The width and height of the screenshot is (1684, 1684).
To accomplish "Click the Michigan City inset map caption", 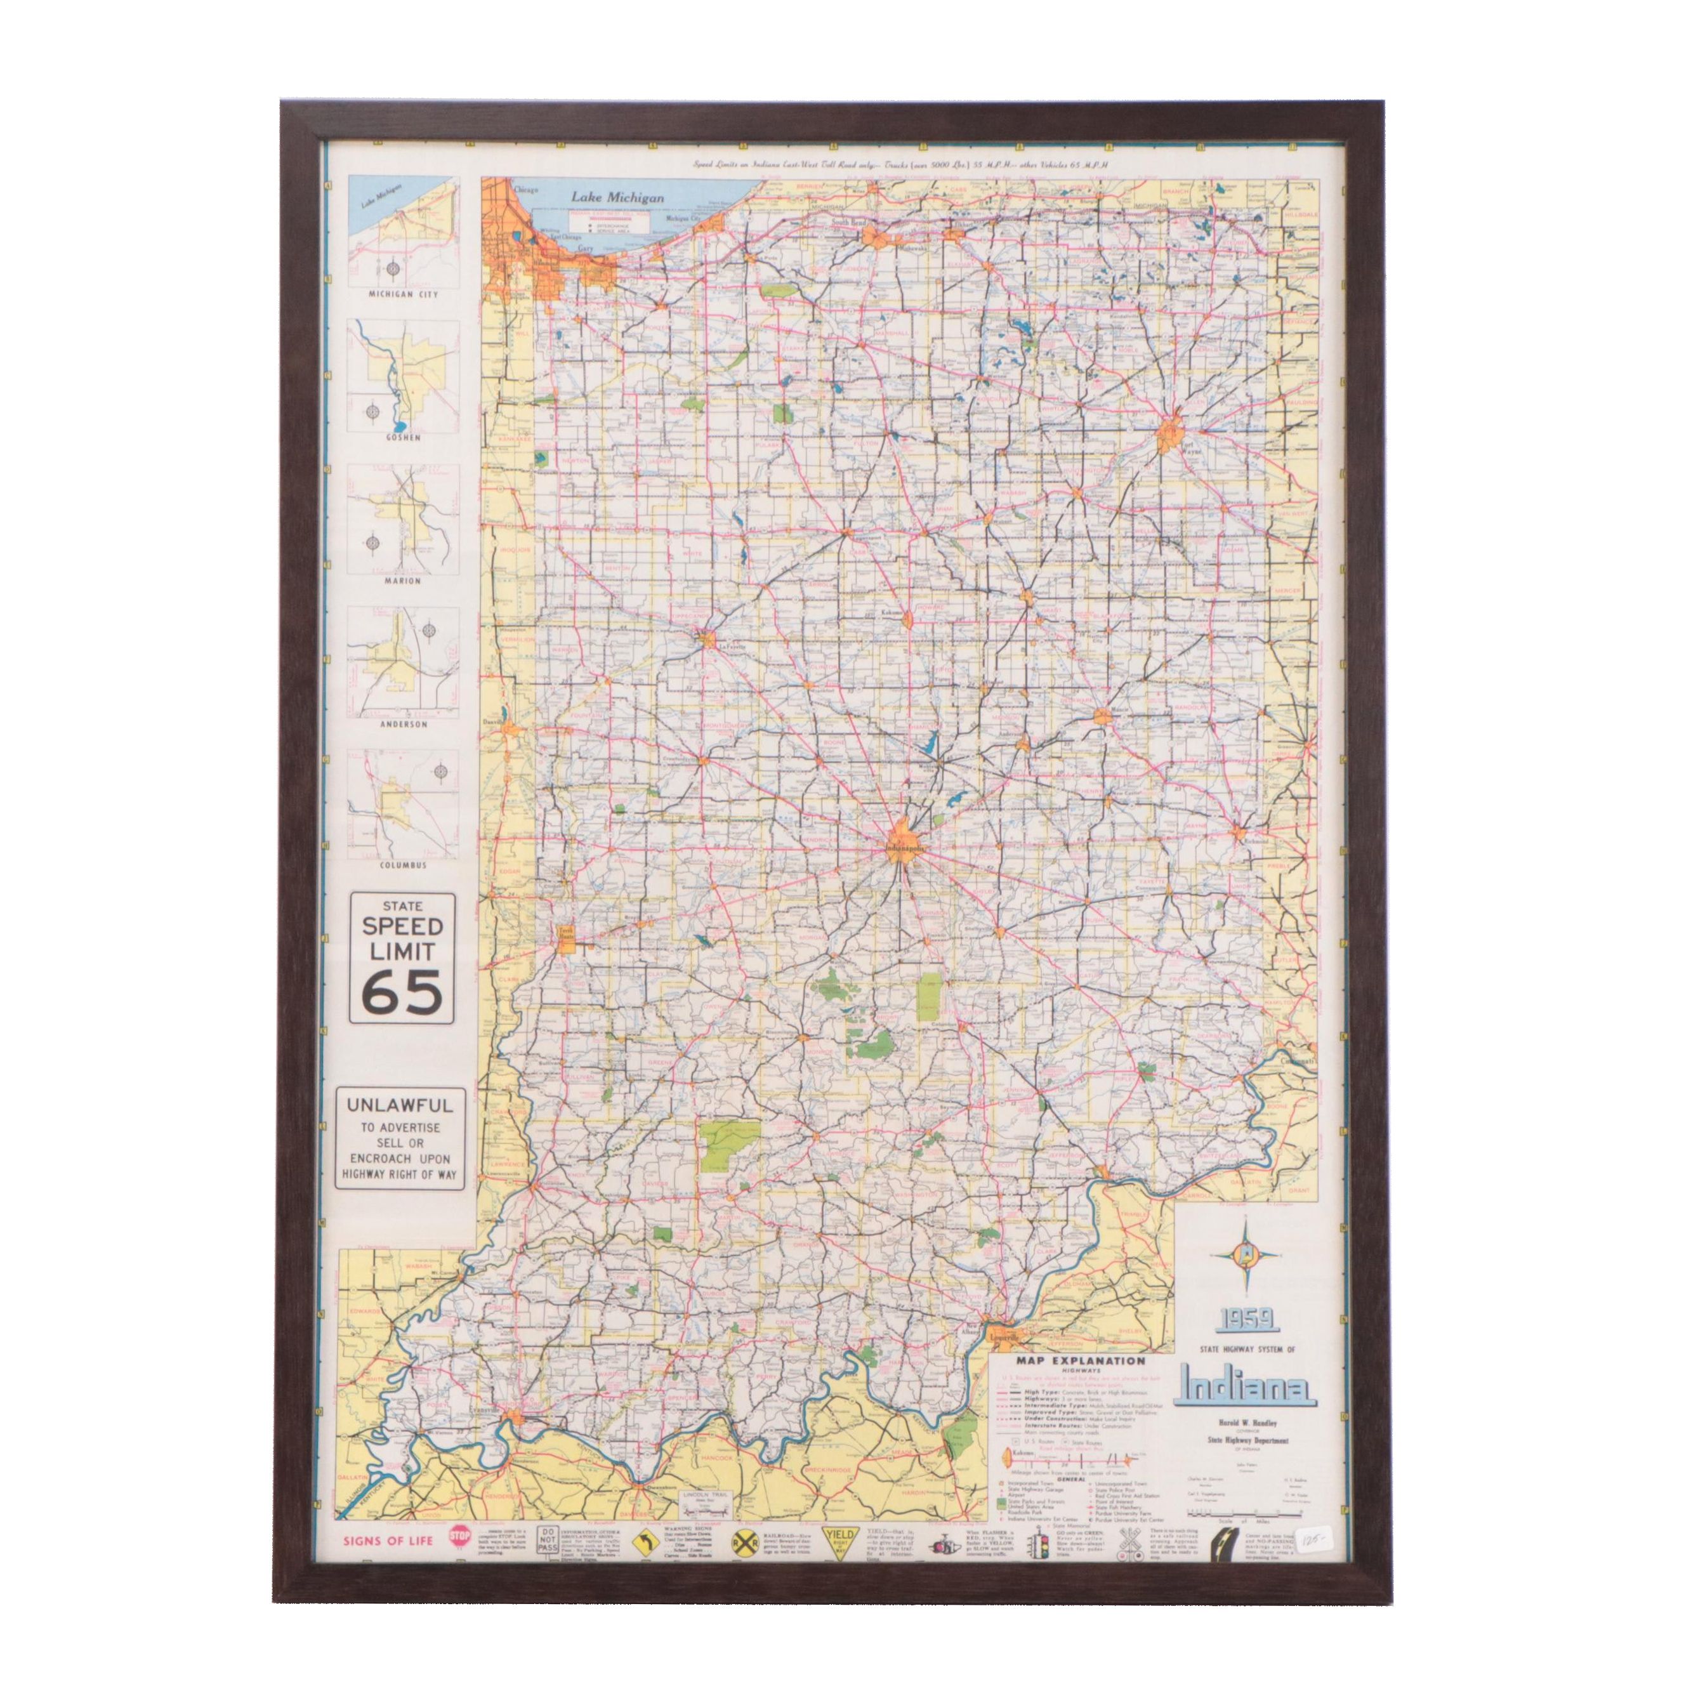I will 403,294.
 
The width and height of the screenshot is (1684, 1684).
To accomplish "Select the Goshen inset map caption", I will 403,438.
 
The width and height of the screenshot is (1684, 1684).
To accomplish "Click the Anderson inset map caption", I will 403,723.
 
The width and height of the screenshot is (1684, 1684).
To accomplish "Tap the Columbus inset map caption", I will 403,865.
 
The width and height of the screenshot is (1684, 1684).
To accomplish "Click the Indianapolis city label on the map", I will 905,846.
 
